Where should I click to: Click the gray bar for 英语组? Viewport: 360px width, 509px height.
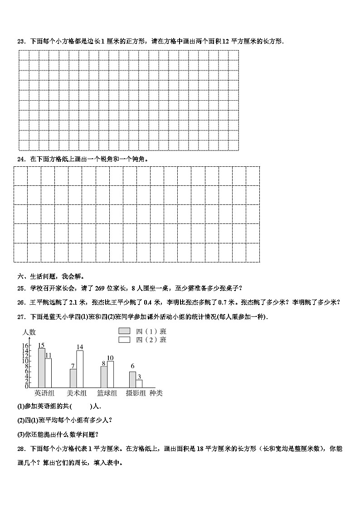click(x=41, y=368)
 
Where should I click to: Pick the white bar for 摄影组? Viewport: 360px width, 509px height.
click(x=139, y=383)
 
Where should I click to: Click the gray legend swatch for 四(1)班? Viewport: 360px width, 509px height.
click(x=124, y=331)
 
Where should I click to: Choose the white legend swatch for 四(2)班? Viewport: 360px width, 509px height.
click(x=124, y=339)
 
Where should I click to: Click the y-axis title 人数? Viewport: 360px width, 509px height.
click(x=29, y=332)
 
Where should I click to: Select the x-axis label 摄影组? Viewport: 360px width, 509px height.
click(x=136, y=393)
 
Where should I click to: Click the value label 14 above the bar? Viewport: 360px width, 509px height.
click(x=80, y=347)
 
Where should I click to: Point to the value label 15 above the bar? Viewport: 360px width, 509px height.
click(x=41, y=345)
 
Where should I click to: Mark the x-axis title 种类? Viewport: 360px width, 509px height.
click(x=156, y=393)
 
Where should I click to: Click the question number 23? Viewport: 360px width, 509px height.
click(x=20, y=41)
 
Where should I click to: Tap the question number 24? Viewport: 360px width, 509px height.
click(x=20, y=159)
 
